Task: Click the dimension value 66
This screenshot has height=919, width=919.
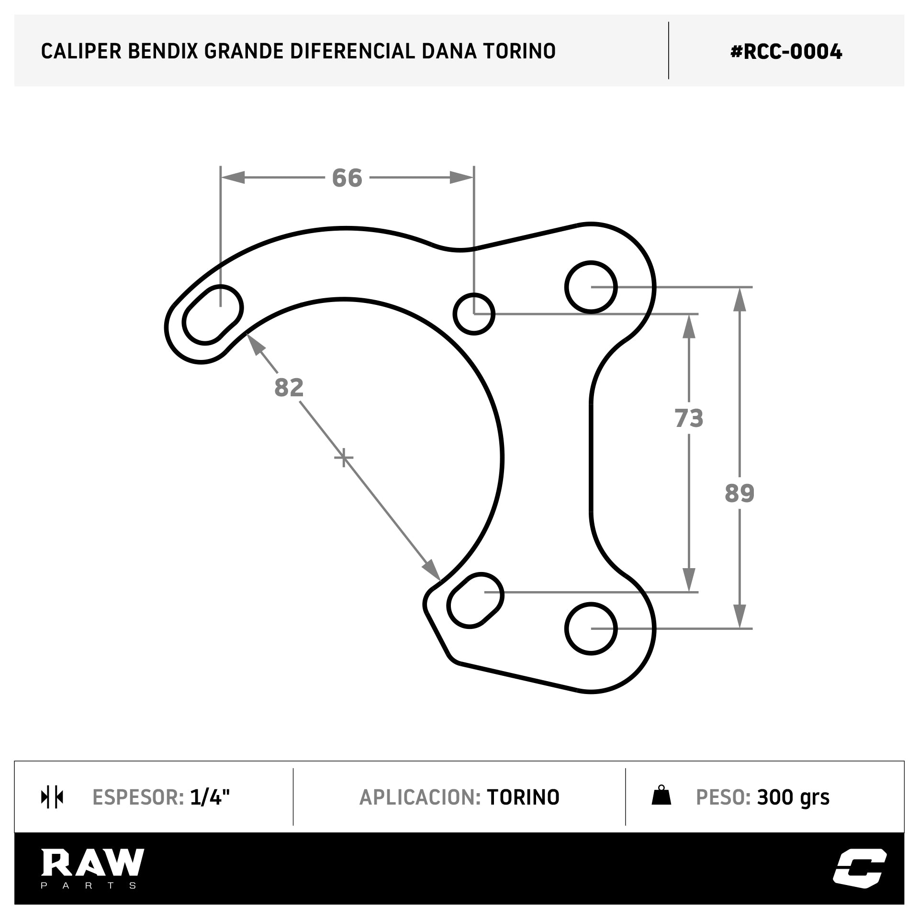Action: pyautogui.click(x=347, y=178)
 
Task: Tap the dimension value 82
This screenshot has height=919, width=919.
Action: pyautogui.click(x=289, y=388)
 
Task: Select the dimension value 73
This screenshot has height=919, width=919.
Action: pyautogui.click(x=689, y=418)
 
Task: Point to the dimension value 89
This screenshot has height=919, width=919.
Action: pyautogui.click(x=740, y=493)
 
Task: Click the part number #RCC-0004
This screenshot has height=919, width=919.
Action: pyautogui.click(x=786, y=52)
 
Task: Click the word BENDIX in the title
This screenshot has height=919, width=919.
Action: pyautogui.click(x=163, y=51)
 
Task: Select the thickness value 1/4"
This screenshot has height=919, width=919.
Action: pyautogui.click(x=210, y=797)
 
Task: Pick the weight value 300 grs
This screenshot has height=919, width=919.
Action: pyautogui.click(x=793, y=797)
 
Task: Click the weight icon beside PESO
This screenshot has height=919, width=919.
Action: pyautogui.click(x=661, y=796)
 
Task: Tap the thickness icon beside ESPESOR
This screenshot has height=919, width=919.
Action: pyautogui.click(x=52, y=797)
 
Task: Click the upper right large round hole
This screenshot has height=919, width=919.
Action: pyautogui.click(x=591, y=287)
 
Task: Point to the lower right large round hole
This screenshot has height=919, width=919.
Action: pyautogui.click(x=591, y=628)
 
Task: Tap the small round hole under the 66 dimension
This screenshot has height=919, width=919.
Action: pyautogui.click(x=474, y=314)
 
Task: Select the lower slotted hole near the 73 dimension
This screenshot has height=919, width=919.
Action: pyautogui.click(x=476, y=600)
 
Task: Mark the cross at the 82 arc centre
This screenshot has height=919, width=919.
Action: pyautogui.click(x=344, y=458)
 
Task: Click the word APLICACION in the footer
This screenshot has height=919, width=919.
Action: pyautogui.click(x=420, y=797)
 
